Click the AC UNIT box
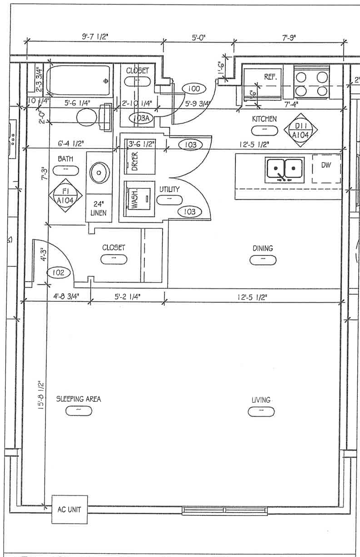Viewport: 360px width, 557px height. [69, 509]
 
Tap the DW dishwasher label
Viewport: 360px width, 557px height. [326, 166]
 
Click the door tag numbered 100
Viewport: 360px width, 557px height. [194, 88]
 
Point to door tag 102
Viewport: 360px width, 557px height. [59, 273]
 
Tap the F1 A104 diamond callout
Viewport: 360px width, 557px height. [66, 195]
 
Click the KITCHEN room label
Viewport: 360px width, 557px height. [264, 119]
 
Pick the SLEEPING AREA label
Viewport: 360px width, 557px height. [78, 399]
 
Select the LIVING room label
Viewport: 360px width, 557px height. [261, 400]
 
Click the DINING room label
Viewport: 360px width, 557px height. [263, 248]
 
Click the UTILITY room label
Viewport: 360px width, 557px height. [169, 189]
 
